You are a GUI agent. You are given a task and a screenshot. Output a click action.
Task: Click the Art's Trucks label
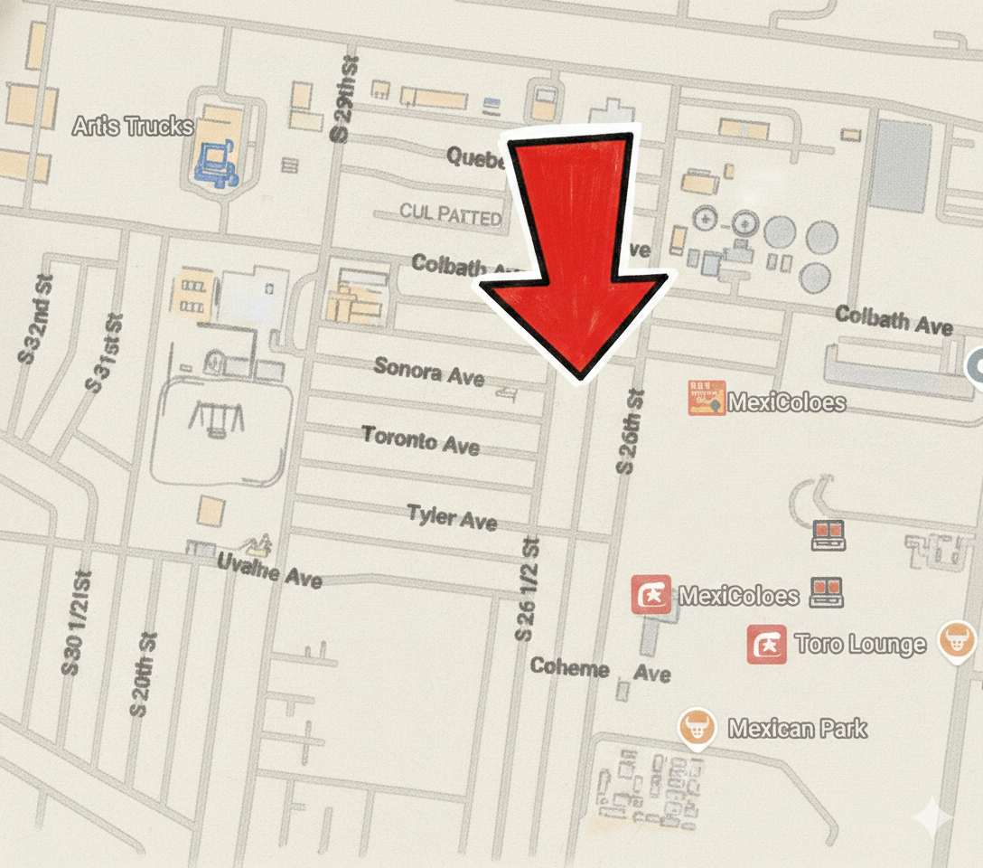pos(133,126)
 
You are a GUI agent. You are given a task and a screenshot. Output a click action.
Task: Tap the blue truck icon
pos(216,164)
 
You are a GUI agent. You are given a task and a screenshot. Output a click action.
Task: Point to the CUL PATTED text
pos(451,215)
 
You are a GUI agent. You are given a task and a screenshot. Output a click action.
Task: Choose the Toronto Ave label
pos(421,439)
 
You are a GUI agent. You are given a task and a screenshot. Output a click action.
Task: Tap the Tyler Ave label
pos(452,517)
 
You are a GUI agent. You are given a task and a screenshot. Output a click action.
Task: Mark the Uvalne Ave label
pos(269,570)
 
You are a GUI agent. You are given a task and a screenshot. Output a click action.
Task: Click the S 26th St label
pos(629,431)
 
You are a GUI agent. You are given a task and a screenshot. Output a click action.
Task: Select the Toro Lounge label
pos(860,644)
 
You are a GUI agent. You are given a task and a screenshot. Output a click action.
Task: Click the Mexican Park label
pos(798,728)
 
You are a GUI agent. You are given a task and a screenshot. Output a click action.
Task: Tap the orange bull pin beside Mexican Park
pos(697,726)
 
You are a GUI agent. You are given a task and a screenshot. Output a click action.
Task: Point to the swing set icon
pos(216,420)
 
